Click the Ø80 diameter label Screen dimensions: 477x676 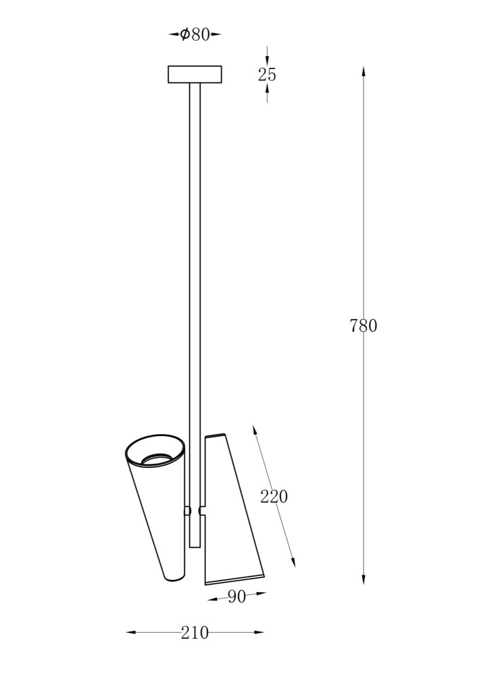pyautogui.click(x=195, y=34)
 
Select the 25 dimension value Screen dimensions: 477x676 pyautogui.click(x=267, y=75)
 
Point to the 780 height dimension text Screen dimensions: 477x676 pyautogui.click(x=363, y=326)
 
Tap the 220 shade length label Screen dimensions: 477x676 pyautogui.click(x=274, y=497)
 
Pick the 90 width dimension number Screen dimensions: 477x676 pyautogui.click(x=236, y=597)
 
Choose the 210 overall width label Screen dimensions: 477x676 pyautogui.click(x=195, y=633)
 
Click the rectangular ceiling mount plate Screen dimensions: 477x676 pyautogui.click(x=195, y=74)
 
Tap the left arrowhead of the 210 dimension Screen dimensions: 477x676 pyautogui.click(x=131, y=633)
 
